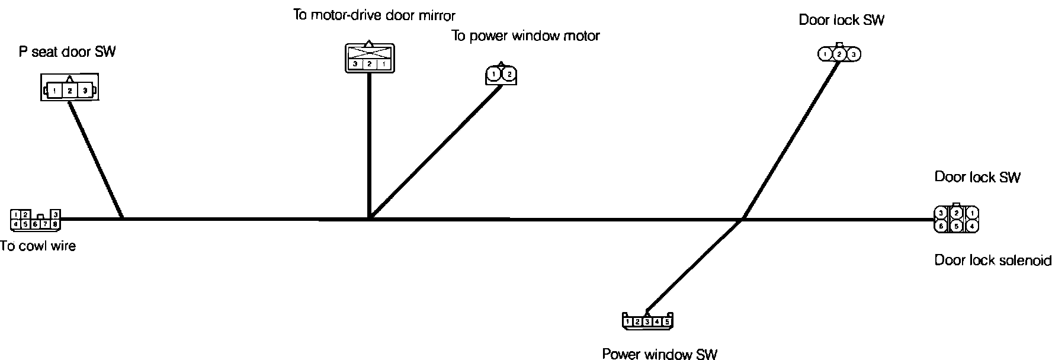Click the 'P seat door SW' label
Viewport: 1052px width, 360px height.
pos(67,52)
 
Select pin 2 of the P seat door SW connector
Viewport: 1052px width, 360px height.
pos(69,91)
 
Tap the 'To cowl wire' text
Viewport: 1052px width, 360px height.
pos(38,246)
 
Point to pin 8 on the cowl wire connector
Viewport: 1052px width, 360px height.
pos(54,224)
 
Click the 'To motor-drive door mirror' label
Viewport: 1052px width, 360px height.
pos(374,15)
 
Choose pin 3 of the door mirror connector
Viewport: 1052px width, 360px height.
pos(354,64)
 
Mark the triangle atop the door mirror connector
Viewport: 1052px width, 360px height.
pos(368,43)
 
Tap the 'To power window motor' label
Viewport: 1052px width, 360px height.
pos(526,36)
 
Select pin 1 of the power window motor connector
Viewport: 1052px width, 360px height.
pos(494,75)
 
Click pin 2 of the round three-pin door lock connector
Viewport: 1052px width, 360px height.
pos(839,54)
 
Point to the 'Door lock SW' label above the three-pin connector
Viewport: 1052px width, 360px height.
pos(841,20)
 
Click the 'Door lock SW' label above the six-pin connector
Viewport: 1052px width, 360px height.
pos(977,177)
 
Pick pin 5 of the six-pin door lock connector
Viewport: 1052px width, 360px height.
pos(956,226)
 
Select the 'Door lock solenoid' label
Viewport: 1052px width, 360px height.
pos(993,261)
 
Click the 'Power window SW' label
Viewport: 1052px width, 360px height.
pos(659,354)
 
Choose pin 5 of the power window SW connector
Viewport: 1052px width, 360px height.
pos(667,322)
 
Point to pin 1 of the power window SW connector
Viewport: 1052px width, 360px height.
pos(628,322)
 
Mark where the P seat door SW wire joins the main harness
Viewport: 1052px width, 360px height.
pos(122,218)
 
